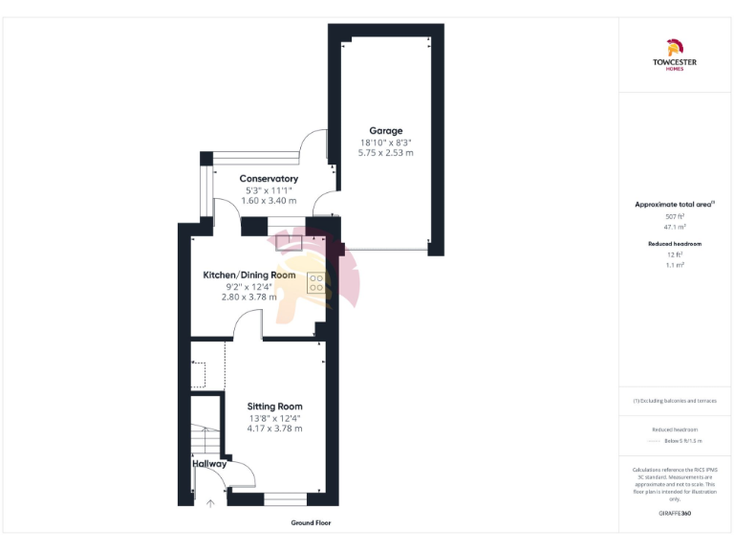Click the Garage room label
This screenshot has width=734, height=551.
pos(386,130)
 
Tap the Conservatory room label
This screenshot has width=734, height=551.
pos(269,179)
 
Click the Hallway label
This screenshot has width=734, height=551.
pos(209,464)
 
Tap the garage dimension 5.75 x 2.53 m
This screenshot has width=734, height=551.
pos(386,152)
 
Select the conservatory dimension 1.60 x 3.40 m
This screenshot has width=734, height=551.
pos(269,201)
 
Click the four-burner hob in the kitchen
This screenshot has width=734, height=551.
pos(317,283)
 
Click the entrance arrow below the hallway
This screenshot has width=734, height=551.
pos(210,502)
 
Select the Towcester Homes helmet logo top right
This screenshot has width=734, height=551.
pos(675,47)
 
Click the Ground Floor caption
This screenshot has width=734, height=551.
pos(312,523)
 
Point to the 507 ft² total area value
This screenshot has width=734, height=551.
pos(675,217)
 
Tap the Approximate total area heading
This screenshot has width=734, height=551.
pos(675,205)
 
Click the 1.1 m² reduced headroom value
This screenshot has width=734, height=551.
pos(675,264)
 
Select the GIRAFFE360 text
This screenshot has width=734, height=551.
pos(675,514)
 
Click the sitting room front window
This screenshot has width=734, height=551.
pos(286,498)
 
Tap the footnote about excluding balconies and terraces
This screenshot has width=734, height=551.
pos(675,401)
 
